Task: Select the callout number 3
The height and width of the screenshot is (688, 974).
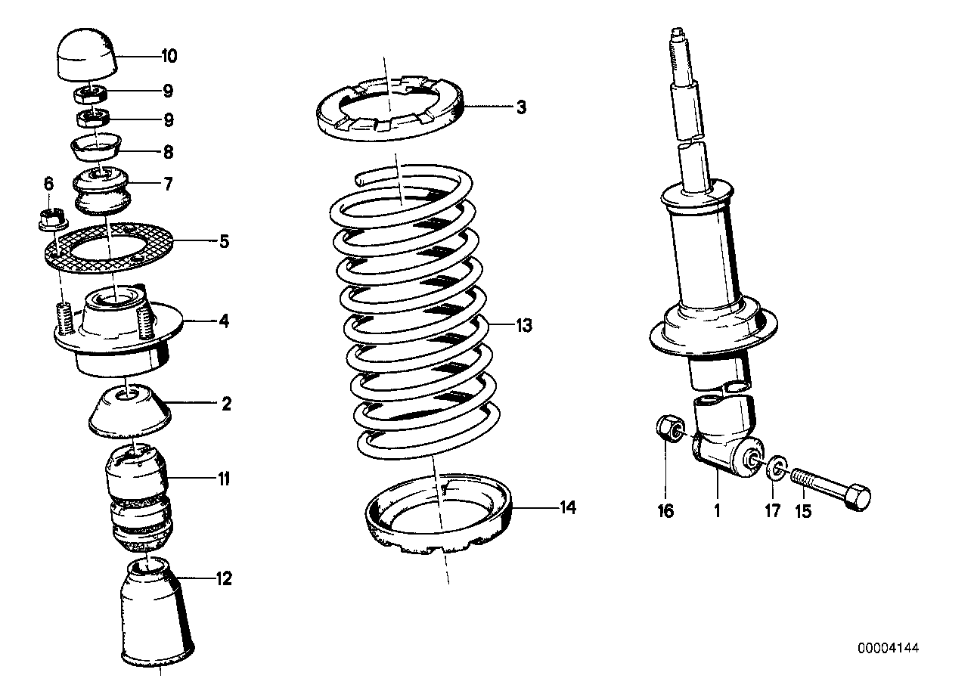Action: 521,108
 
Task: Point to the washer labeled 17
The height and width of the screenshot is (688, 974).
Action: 774,468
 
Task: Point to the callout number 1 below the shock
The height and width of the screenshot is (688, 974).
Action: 716,512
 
